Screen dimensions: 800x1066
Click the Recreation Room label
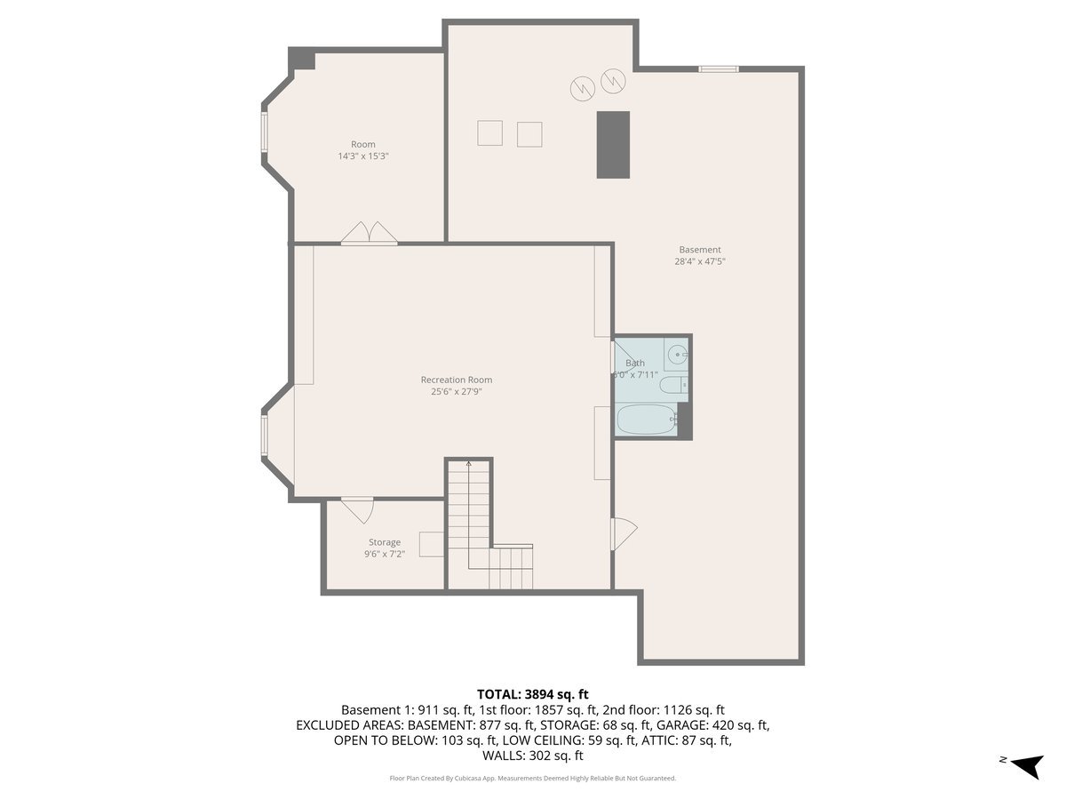456,380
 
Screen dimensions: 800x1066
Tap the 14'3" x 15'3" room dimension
363,156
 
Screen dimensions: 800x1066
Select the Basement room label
700,250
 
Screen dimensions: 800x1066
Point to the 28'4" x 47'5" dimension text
700,261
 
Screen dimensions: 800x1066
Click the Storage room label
385,542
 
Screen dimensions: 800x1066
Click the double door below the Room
370,233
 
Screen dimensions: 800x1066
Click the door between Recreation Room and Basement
624,533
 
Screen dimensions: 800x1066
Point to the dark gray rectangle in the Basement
613,144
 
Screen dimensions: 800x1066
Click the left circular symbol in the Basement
581,88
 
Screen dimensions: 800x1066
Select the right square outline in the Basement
529,133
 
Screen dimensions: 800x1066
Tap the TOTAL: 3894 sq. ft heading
533,693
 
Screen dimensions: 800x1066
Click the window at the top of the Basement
718,68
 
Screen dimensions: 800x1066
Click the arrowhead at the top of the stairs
468,463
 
